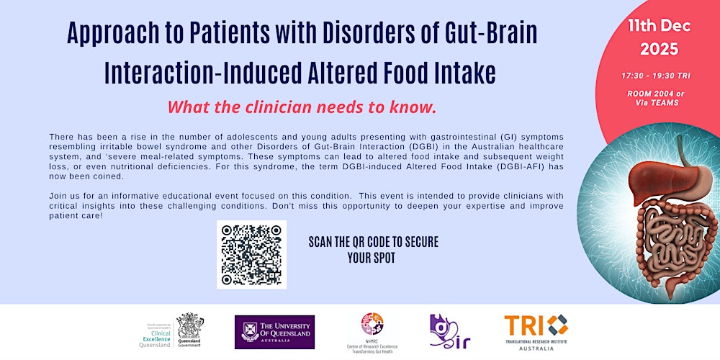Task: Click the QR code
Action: click(x=251, y=255)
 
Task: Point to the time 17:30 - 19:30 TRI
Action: click(x=656, y=75)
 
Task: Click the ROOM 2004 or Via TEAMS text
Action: click(x=656, y=97)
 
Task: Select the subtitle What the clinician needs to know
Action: click(x=302, y=107)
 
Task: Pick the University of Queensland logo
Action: click(x=274, y=331)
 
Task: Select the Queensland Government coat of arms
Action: click(x=190, y=325)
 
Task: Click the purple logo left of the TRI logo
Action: click(x=446, y=331)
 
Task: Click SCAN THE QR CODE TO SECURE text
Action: click(x=373, y=242)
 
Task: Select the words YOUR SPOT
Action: click(x=372, y=258)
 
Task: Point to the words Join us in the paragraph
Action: click(x=63, y=195)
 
